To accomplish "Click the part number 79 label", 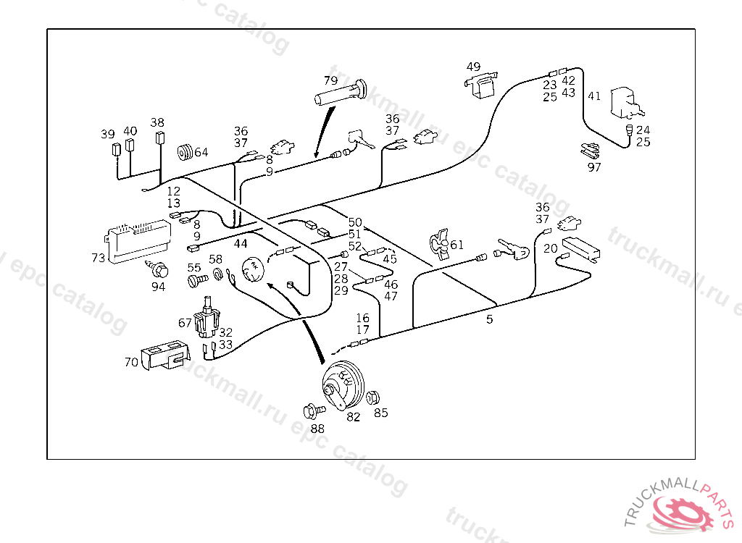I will point(330,80).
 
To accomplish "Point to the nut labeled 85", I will point(374,398).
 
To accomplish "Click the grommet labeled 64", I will point(185,153).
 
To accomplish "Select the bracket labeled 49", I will point(479,86).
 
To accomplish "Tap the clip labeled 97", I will point(591,151).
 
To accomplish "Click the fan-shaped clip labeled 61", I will point(438,243).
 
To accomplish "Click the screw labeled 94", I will point(159,271).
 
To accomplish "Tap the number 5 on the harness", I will point(490,319).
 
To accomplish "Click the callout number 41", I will point(594,96).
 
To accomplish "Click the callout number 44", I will point(241,244).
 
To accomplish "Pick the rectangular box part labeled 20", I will point(580,248).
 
